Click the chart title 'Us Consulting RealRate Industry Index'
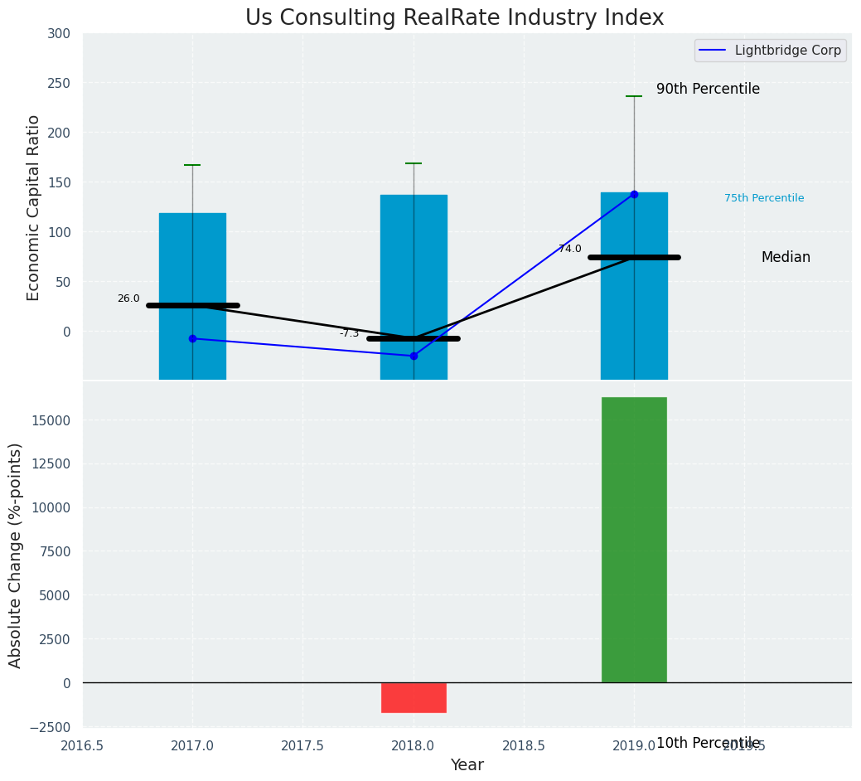(454, 18)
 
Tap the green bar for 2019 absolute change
(634, 540)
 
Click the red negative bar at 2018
(414, 697)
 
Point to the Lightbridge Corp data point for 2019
(634, 194)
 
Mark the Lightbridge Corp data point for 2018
(414, 356)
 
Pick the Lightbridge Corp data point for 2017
(192, 338)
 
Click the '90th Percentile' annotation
(708, 89)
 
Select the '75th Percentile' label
(764, 198)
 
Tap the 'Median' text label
(786, 257)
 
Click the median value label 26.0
(128, 298)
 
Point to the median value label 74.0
(569, 249)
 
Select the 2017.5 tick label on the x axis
(302, 746)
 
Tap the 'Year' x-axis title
(467, 765)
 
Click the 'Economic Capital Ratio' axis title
(34, 207)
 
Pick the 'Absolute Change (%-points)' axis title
(16, 555)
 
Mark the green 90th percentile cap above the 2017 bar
(192, 165)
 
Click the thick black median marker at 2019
(634, 257)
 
